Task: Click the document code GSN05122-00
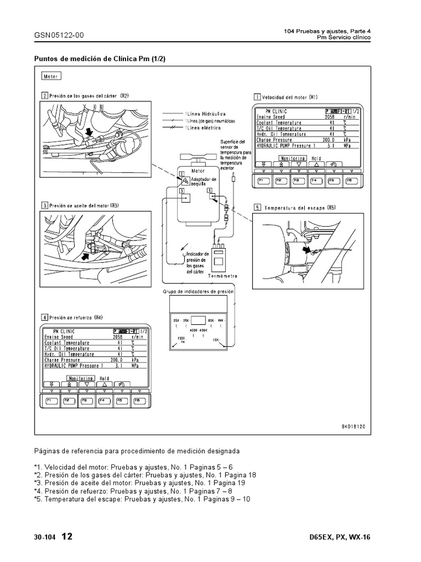click(x=59, y=35)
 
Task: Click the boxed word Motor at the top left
click(x=50, y=76)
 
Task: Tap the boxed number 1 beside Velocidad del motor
click(x=257, y=97)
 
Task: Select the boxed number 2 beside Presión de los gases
click(x=44, y=95)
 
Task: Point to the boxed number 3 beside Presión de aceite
click(x=44, y=205)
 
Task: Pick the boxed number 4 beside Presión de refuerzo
click(x=44, y=317)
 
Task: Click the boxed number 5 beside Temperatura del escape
click(x=257, y=208)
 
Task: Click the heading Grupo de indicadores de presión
click(x=198, y=292)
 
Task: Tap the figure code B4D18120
click(x=354, y=425)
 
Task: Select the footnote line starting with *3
click(x=132, y=482)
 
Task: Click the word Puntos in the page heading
click(x=46, y=58)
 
